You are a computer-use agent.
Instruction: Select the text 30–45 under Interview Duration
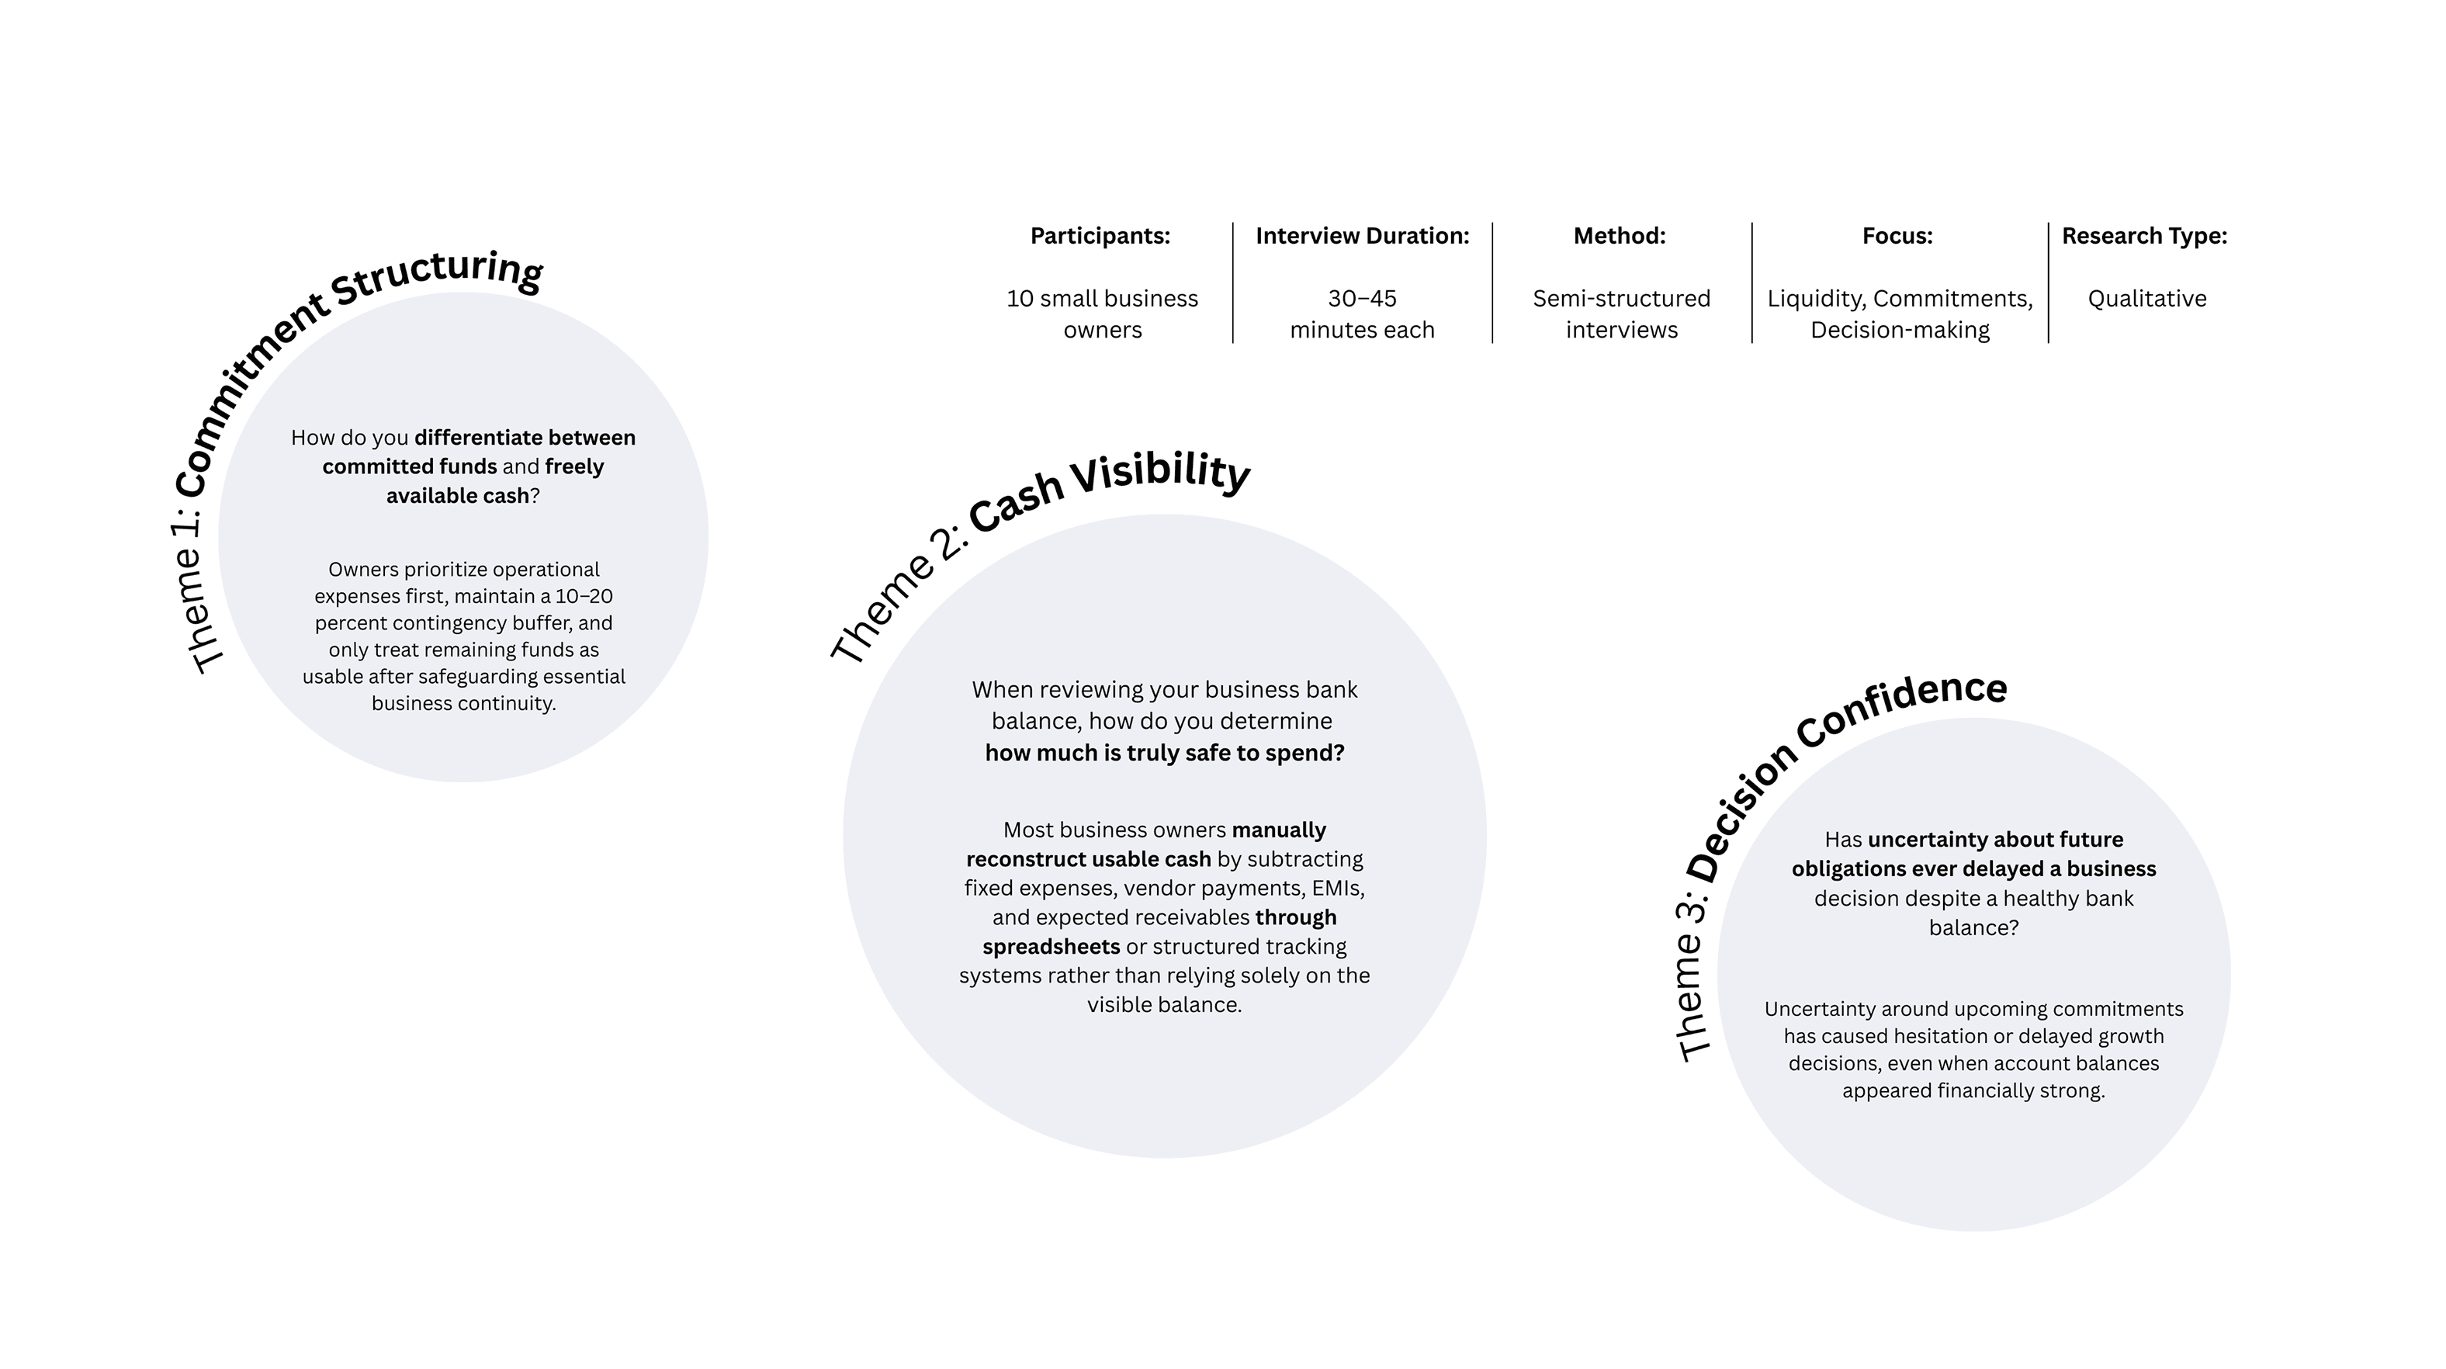(1362, 299)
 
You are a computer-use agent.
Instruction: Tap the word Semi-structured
(1621, 299)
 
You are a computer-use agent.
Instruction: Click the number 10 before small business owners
(1020, 299)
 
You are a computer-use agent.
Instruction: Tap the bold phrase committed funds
(409, 467)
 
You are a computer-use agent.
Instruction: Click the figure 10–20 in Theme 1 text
(583, 596)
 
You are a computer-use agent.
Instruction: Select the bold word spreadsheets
(1050, 947)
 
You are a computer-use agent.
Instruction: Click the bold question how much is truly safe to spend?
(1164, 753)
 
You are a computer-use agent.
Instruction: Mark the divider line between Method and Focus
(1752, 283)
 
